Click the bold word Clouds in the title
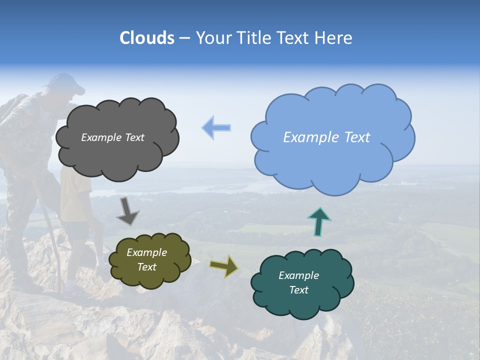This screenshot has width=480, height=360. pyautogui.click(x=147, y=38)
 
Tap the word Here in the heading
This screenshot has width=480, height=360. pyautogui.click(x=334, y=38)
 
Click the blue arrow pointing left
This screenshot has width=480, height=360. pyautogui.click(x=216, y=128)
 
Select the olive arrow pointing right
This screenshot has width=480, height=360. pyautogui.click(x=224, y=266)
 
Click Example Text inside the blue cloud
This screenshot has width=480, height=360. pyautogui.click(x=326, y=137)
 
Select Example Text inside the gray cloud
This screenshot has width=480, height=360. pyautogui.click(x=112, y=137)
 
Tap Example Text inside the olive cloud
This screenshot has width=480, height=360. pyautogui.click(x=147, y=260)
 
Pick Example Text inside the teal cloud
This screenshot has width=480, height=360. pyautogui.click(x=298, y=282)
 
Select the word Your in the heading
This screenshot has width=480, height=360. pyautogui.click(x=214, y=38)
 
